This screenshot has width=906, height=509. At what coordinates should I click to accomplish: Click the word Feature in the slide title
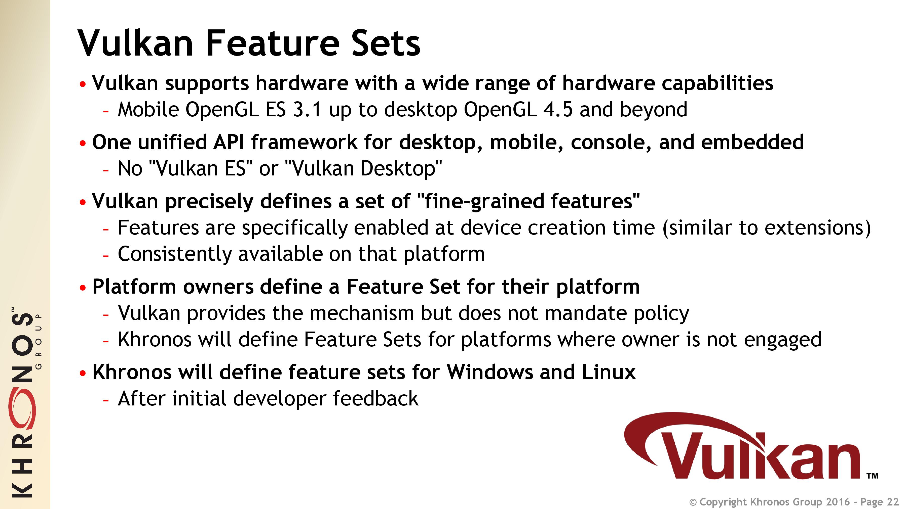[x=272, y=43]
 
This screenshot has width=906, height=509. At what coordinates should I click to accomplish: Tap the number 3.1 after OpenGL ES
[x=308, y=109]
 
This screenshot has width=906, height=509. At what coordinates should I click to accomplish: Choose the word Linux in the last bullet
[x=609, y=372]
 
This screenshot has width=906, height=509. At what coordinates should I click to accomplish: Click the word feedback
[x=376, y=399]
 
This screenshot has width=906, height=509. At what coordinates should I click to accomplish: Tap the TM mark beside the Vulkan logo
[x=873, y=476]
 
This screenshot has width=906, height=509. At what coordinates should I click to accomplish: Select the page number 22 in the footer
[x=893, y=502]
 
